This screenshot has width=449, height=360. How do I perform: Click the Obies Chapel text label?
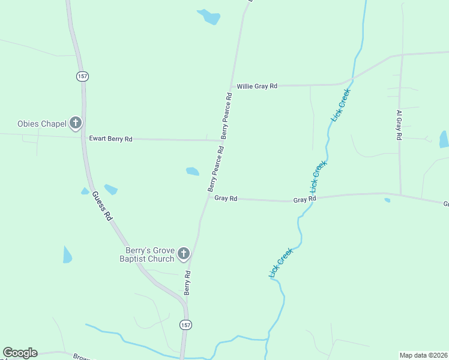click(41, 124)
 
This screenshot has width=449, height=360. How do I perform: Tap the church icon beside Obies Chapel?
click(76, 124)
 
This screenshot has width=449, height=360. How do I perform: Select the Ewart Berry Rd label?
click(110, 139)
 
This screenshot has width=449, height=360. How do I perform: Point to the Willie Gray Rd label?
click(257, 86)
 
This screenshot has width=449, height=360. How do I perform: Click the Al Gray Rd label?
click(398, 125)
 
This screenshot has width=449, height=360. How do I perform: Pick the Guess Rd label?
click(102, 206)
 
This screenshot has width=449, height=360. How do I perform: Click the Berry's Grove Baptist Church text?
click(149, 255)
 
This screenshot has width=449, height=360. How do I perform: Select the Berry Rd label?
click(187, 282)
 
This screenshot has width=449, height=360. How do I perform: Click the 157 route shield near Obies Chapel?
click(82, 76)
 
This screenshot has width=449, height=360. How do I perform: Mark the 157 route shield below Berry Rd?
click(185, 324)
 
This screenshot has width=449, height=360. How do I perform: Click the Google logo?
click(20, 353)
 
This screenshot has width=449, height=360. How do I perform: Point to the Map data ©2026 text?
click(423, 355)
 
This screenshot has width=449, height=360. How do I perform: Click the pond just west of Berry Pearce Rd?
click(193, 172)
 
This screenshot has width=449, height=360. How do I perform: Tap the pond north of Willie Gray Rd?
click(209, 16)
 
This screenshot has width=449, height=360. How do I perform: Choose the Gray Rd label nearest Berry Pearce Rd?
click(226, 198)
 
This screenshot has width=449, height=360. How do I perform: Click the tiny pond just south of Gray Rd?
click(387, 200)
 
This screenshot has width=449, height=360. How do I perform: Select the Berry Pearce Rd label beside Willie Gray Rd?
click(226, 115)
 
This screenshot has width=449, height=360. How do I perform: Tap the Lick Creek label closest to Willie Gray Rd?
click(340, 106)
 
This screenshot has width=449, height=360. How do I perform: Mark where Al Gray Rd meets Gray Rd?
click(400, 194)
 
